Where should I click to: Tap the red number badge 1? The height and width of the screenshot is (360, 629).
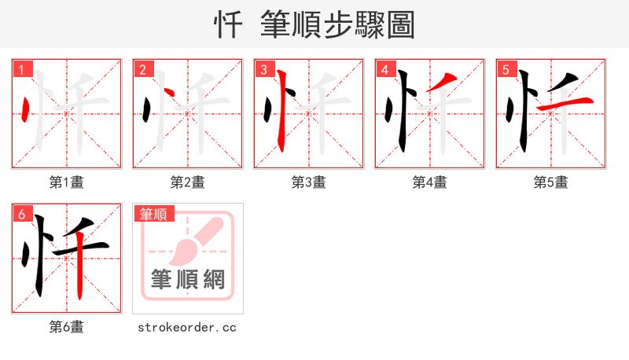(22, 70)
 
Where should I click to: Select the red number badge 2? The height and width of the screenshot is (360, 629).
(143, 70)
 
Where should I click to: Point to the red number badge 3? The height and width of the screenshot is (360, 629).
(264, 70)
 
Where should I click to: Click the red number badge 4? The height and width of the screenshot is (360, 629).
(385, 70)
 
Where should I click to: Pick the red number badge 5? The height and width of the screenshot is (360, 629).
(506, 70)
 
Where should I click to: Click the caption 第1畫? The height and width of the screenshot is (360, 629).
(67, 182)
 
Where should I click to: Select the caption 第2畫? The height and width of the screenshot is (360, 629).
(188, 182)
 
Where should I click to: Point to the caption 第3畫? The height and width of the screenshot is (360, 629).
(309, 182)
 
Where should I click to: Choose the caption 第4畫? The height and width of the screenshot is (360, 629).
(430, 182)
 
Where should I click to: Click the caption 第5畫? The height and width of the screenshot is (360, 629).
(551, 182)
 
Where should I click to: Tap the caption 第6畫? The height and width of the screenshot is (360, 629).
(67, 327)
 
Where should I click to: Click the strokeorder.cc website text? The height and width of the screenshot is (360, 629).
(187, 327)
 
